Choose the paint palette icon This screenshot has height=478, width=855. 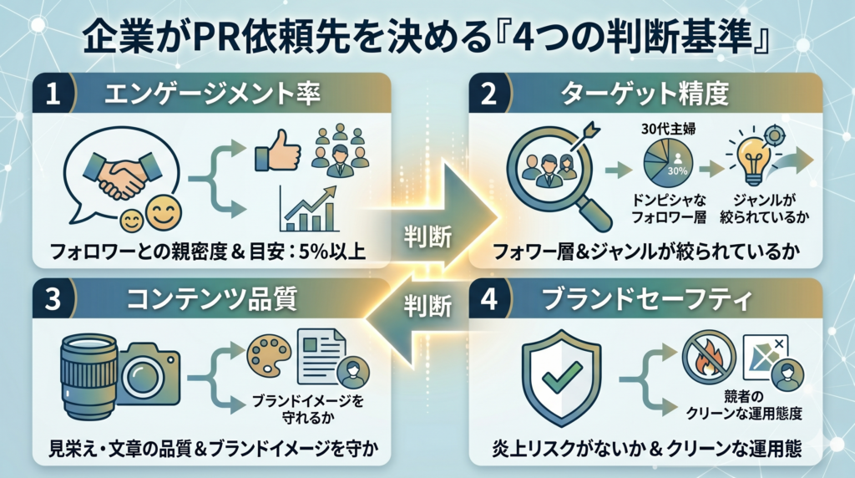(x=270, y=356)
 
